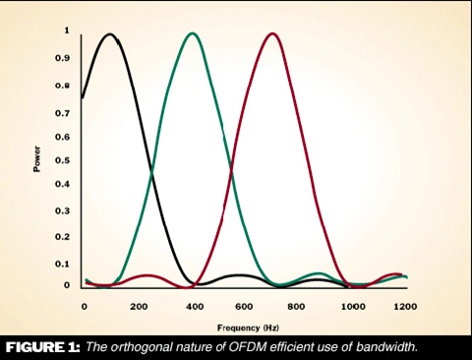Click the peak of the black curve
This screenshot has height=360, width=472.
[110, 35]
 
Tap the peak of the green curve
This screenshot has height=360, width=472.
[193, 34]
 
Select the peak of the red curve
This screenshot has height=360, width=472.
[272, 34]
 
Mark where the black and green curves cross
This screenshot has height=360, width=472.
[151, 174]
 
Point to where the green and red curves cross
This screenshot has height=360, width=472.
[232, 174]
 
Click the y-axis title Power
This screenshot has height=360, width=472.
[37, 158]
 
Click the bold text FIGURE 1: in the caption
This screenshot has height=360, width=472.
[41, 347]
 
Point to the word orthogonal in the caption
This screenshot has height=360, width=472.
[144, 347]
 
